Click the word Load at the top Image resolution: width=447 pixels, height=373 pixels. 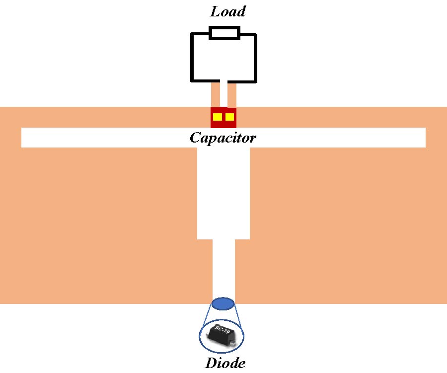click(x=228, y=11)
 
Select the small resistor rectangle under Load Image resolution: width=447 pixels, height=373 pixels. click(x=224, y=33)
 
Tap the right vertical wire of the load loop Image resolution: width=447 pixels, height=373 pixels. click(x=255, y=57)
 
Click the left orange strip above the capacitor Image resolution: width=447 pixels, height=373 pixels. click(x=216, y=94)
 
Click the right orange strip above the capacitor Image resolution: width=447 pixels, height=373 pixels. click(x=231, y=94)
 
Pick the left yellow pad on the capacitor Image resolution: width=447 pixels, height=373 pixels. click(x=218, y=117)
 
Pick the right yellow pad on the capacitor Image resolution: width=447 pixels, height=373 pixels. click(x=229, y=117)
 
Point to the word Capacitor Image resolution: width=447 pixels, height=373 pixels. click(x=223, y=138)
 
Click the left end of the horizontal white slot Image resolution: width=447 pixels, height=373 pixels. click(x=30, y=138)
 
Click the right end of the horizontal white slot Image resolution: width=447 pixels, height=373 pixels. click(x=417, y=138)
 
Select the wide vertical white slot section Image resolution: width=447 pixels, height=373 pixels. click(x=223, y=194)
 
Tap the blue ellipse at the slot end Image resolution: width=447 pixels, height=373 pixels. click(x=223, y=303)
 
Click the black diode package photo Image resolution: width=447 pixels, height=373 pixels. click(x=223, y=335)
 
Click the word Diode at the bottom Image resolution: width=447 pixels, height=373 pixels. click(x=225, y=363)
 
